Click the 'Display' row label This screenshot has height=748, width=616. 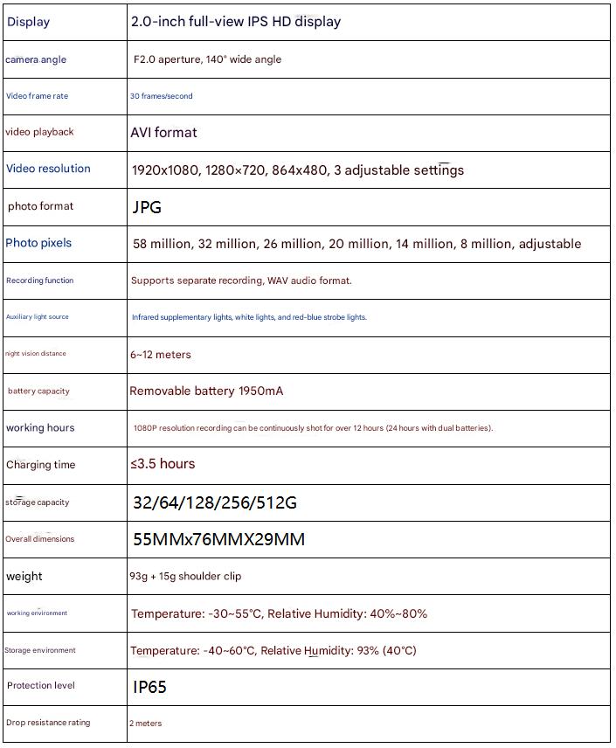(x=29, y=22)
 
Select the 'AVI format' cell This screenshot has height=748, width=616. (x=163, y=133)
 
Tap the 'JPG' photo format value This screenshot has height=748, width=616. (x=147, y=207)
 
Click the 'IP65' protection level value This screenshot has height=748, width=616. (x=149, y=687)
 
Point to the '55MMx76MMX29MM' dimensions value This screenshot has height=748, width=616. (x=218, y=539)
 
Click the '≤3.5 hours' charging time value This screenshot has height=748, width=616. (x=163, y=464)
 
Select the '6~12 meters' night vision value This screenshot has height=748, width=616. (x=161, y=355)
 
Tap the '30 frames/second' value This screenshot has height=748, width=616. (x=162, y=96)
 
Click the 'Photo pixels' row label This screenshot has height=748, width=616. (x=38, y=243)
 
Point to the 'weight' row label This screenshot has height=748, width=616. (x=24, y=577)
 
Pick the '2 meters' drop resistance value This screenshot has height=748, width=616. (x=145, y=724)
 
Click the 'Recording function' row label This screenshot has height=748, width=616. (x=39, y=280)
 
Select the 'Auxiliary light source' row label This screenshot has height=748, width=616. (x=37, y=317)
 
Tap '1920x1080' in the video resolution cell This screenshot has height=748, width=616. (x=165, y=170)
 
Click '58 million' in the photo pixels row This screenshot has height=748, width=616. (x=161, y=244)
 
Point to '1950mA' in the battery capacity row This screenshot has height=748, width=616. (x=260, y=391)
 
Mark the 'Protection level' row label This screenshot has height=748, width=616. (x=41, y=686)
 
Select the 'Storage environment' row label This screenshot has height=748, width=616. (x=40, y=650)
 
